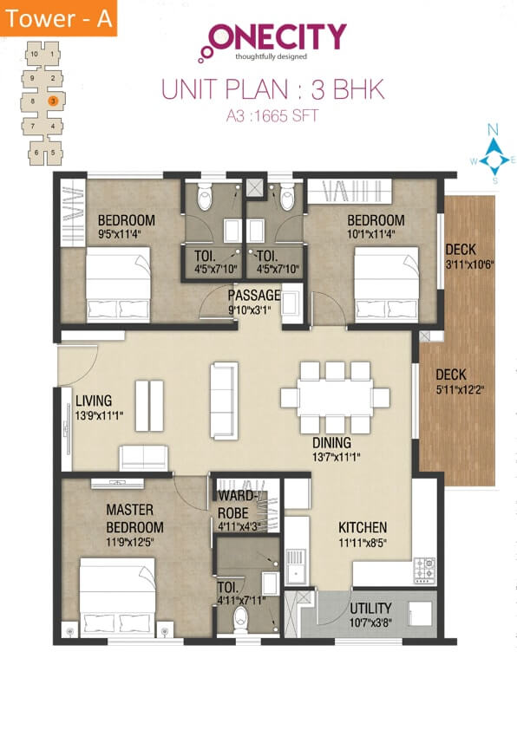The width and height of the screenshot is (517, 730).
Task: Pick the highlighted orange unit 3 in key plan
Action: pos(53,101)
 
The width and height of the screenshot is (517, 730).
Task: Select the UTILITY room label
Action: pos(370,608)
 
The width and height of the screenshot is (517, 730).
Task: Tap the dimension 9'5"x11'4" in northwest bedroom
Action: pos(126,232)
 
